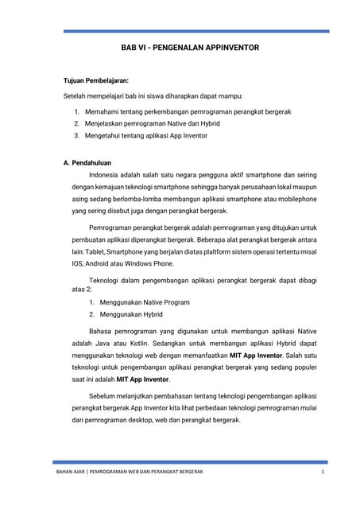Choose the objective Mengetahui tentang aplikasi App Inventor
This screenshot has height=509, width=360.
click(x=145, y=136)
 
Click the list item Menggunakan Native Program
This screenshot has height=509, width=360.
click(x=145, y=302)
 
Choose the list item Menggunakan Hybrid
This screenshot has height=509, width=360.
click(x=131, y=314)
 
